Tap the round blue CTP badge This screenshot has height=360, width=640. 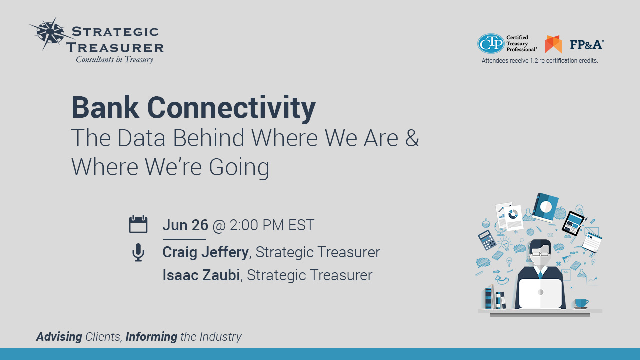click(x=491, y=43)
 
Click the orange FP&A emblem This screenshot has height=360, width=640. click(x=553, y=44)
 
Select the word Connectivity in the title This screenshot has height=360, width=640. click(x=231, y=108)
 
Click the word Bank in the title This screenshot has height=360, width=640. click(x=105, y=107)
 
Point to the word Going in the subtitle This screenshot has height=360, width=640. click(x=239, y=168)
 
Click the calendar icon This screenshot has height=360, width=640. click(x=138, y=224)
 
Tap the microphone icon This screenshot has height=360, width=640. click(x=138, y=252)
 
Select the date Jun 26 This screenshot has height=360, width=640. click(x=185, y=225)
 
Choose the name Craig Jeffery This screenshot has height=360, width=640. click(x=205, y=252)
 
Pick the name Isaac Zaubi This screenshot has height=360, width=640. click(x=201, y=275)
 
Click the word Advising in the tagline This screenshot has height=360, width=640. click(x=59, y=337)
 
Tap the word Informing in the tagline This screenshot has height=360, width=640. click(x=151, y=337)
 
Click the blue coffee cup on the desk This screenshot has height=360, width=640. click(x=581, y=303)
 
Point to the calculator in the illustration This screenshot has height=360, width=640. click(x=487, y=240)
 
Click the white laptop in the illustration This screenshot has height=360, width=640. click(x=540, y=293)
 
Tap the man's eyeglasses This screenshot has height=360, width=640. click(x=540, y=253)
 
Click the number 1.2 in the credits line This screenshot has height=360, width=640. click(x=534, y=61)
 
